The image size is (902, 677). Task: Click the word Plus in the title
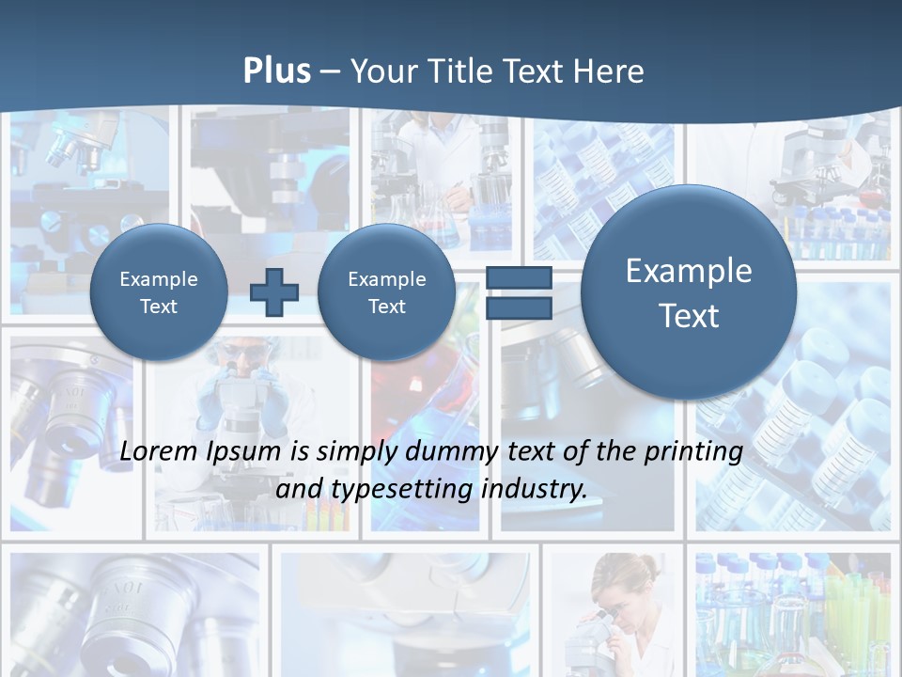(276, 71)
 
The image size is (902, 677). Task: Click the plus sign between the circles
(273, 292)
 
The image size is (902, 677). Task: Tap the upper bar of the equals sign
(519, 278)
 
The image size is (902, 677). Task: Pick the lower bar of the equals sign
(519, 308)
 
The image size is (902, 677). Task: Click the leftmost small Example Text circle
(159, 292)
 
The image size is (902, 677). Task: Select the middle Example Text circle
(387, 292)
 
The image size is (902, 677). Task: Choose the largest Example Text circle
(689, 292)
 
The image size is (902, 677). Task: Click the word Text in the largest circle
(689, 316)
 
